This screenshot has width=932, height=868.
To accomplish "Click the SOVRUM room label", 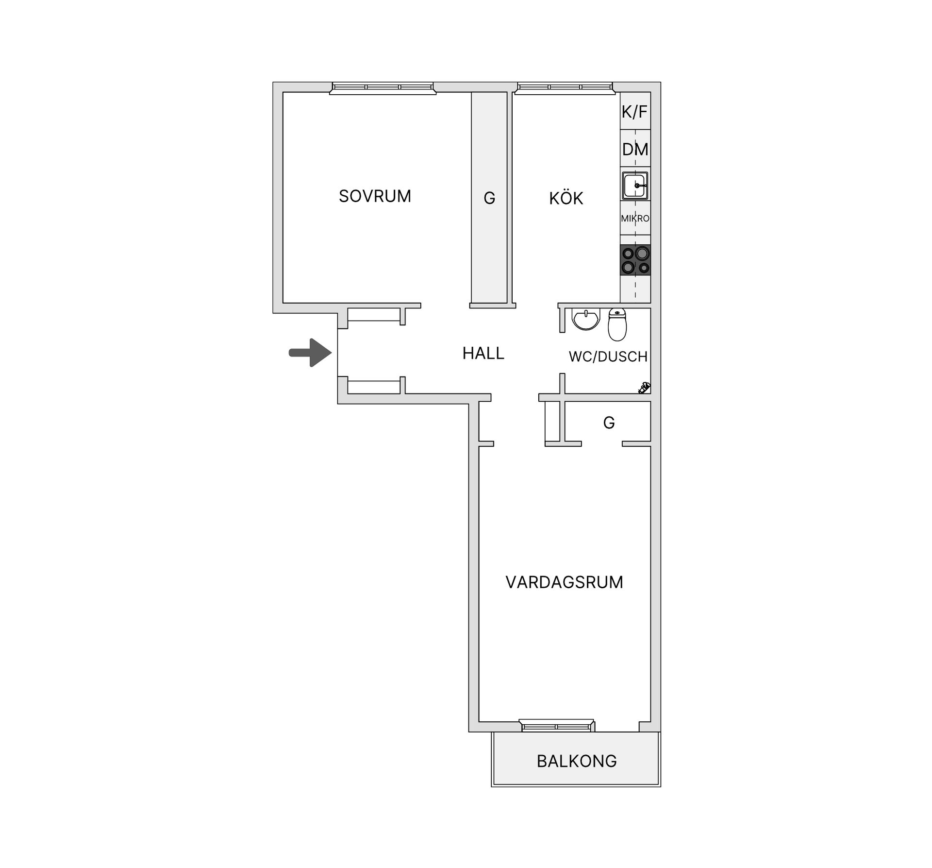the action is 375,196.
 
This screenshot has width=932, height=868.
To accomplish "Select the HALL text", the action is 483,353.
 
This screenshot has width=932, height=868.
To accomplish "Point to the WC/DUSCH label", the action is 608,357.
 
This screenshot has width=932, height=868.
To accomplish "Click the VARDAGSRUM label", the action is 564,582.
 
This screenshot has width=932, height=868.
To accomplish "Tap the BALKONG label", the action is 577,761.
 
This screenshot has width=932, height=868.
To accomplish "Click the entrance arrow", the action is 310,353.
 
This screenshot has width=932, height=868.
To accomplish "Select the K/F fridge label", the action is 634,112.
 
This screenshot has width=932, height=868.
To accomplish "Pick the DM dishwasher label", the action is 635,149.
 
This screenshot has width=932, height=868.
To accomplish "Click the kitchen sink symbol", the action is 635,185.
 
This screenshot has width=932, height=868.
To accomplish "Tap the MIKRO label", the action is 635,219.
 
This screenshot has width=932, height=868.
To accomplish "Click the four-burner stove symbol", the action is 635,260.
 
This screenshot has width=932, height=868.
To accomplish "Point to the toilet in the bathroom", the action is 617,324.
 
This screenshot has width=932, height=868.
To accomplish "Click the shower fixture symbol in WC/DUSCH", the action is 644,388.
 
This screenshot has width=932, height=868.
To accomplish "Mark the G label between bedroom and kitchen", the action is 489,198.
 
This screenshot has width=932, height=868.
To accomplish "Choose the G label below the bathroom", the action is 609,423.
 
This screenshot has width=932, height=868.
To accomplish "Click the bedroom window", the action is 383,87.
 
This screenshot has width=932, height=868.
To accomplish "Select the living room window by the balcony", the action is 557,725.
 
